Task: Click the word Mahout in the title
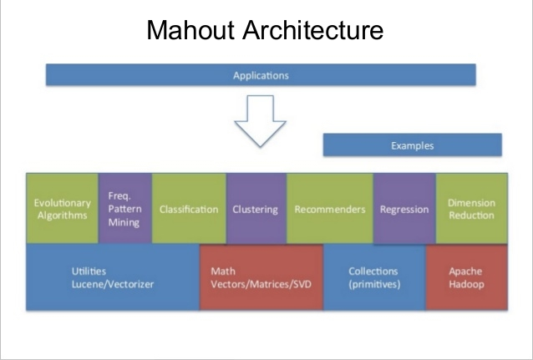pos(190,30)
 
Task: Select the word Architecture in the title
pos(313,30)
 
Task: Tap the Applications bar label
pos(261,75)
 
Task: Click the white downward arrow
pos(261,121)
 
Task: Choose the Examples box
pos(413,145)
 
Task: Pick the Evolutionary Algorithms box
pos(62,208)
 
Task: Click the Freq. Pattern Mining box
pos(125,208)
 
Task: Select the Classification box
pos(189,208)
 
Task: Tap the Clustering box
pos(256,208)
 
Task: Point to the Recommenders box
pos(330,208)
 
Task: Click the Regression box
pos(404,208)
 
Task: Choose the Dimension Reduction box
pos(472,208)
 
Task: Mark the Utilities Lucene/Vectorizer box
pos(113,277)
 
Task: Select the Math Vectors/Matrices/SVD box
pos(261,278)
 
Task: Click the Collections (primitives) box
pos(374,277)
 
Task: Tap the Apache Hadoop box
pos(467,278)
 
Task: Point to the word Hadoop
pos(466,284)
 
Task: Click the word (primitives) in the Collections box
pos(374,284)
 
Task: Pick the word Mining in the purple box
pos(124,223)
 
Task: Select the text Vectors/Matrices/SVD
pos(261,284)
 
